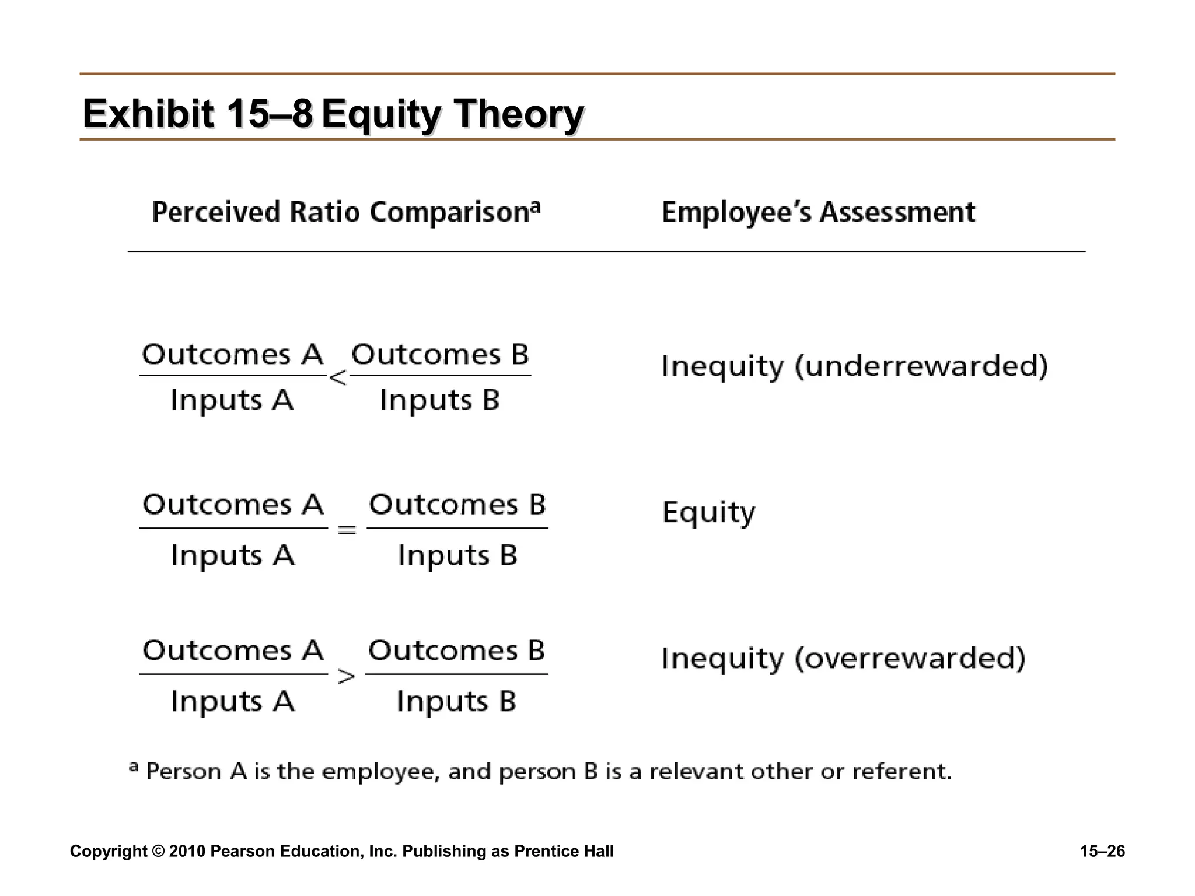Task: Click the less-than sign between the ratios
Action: [x=337, y=378]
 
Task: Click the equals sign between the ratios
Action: [x=347, y=530]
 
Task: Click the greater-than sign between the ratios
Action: [x=347, y=677]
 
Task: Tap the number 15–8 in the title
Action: [x=270, y=113]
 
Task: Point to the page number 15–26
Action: [x=1102, y=852]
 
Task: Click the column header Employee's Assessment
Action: [x=818, y=212]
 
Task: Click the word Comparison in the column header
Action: [x=449, y=212]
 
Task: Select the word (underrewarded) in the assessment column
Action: [x=921, y=366]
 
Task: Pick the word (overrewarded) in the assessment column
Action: [x=910, y=659]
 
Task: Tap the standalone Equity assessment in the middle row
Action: [x=709, y=513]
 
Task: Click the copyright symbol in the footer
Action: [x=158, y=852]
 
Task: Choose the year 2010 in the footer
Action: [x=187, y=852]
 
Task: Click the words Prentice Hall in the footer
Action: [x=564, y=852]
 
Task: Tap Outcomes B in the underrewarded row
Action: [x=440, y=355]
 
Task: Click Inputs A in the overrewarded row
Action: [x=233, y=701]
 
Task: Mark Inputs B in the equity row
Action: [x=457, y=555]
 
